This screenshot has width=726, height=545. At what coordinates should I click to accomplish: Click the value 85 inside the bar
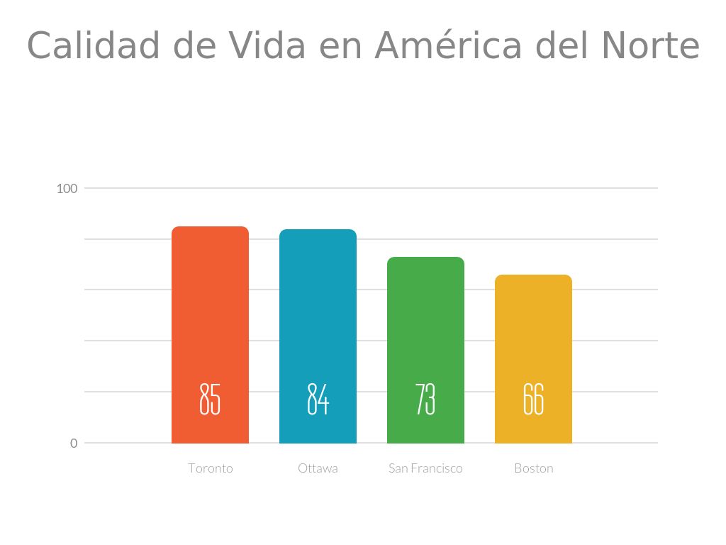click(x=210, y=399)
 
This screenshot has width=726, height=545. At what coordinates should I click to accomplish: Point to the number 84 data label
click(x=318, y=399)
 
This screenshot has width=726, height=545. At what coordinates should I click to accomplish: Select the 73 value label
click(x=425, y=399)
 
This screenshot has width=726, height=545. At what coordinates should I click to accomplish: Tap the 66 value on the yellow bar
click(x=533, y=399)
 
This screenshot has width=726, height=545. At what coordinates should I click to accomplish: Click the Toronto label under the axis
click(x=211, y=468)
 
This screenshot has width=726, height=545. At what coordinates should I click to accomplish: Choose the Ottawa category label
click(x=318, y=468)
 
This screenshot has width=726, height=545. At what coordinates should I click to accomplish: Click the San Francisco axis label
click(x=425, y=468)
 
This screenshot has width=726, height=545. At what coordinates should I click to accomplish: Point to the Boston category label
click(x=533, y=468)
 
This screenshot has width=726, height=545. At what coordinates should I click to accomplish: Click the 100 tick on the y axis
click(x=67, y=189)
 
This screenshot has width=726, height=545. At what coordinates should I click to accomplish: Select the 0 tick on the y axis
click(x=74, y=444)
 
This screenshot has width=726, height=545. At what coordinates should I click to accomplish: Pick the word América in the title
click(x=448, y=46)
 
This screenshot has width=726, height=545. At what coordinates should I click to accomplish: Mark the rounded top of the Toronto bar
click(x=210, y=229)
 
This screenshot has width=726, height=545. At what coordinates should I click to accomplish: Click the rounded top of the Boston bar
click(x=533, y=277)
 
